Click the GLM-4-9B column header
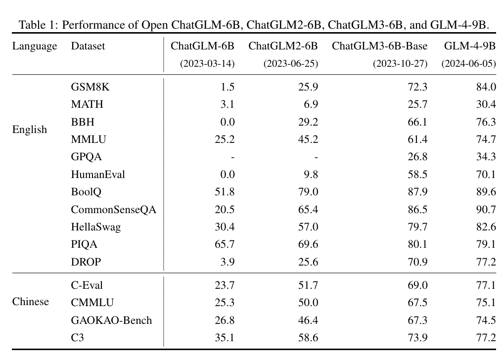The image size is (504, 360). [469, 46]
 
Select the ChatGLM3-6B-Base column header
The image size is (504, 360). [379, 46]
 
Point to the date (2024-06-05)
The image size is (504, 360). [468, 64]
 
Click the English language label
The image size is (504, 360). [30, 130]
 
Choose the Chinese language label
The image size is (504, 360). [31, 302]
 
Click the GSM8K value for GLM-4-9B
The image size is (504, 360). [486, 87]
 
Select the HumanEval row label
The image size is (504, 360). [98, 175]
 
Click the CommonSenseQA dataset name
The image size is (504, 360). [113, 210]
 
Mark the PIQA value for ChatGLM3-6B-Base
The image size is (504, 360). [418, 244]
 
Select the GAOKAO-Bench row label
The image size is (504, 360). [111, 320]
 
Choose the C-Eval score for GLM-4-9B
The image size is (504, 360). [486, 285]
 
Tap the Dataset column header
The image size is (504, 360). [88, 46]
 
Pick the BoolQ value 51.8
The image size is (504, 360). [224, 192]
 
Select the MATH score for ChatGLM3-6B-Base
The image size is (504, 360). [418, 105]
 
